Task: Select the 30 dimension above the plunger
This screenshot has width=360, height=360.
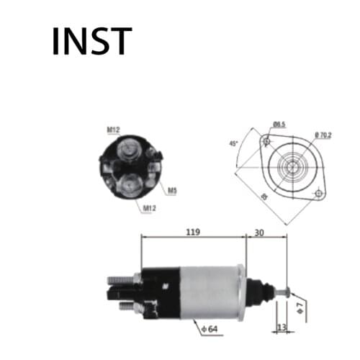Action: coord(259,232)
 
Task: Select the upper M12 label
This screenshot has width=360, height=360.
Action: coord(113,130)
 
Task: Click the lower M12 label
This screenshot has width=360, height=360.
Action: coord(149,209)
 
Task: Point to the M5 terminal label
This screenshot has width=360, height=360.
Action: coord(172,191)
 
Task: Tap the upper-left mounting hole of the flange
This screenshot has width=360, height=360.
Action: coord(266,140)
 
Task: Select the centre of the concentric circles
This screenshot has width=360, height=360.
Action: coord(292,167)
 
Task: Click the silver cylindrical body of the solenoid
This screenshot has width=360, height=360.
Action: coord(212,292)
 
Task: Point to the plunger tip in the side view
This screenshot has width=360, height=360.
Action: coord(286,292)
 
